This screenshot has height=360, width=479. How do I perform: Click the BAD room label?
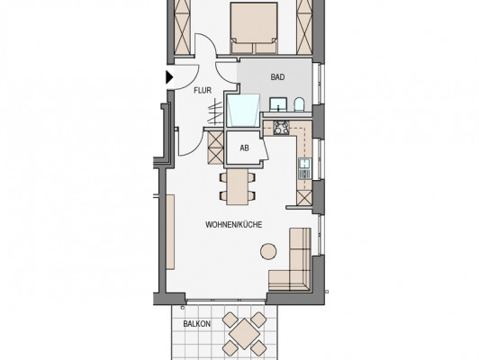point(277,77)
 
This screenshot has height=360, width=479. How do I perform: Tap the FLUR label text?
point(203,90)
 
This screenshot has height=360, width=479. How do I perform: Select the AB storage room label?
point(244,148)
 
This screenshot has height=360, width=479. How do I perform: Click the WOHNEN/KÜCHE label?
point(234,225)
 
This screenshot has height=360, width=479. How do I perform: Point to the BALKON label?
point(196,324)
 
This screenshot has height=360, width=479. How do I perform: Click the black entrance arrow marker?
point(169,77)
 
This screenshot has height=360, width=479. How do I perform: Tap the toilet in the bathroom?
point(299,104)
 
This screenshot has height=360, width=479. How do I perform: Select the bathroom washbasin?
point(278,104)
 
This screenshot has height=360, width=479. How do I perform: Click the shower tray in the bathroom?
point(243,110)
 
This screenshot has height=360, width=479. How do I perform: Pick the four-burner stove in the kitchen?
point(281,127)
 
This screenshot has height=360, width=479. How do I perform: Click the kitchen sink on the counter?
point(304,168)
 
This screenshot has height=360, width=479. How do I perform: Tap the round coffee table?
point(268,251)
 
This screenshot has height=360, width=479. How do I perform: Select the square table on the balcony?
point(244,334)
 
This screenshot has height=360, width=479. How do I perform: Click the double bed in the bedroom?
point(254,29)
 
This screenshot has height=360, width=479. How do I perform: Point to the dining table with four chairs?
point(238,186)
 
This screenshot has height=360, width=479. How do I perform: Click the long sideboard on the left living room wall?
point(170,232)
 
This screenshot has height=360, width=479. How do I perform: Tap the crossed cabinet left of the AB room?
point(215,148)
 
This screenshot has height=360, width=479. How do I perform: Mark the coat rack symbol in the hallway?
point(215,112)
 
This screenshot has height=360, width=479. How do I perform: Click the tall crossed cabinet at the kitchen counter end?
point(304,198)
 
